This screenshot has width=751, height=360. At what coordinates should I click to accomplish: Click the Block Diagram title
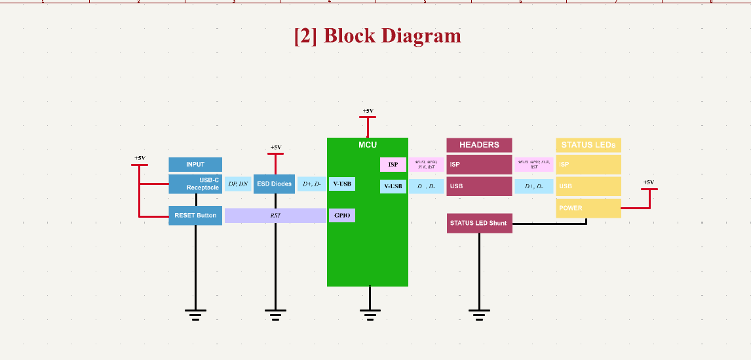(377, 35)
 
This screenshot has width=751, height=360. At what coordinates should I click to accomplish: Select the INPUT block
(195, 165)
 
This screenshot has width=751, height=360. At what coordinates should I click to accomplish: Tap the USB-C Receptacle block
(195, 184)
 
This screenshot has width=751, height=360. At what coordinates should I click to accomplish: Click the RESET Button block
(195, 215)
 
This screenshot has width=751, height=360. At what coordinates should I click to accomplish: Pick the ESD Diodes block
(275, 184)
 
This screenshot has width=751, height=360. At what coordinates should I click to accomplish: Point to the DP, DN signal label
(238, 184)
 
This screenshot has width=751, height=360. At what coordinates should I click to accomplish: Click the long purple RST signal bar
(275, 215)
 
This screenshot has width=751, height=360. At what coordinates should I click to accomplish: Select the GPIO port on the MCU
(341, 215)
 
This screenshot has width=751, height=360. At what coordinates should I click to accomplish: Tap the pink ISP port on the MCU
(393, 165)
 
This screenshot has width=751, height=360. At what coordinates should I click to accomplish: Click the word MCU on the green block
(368, 144)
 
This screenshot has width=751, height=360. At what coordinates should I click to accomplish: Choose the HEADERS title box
(479, 145)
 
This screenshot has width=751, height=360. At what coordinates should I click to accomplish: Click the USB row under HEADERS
(479, 186)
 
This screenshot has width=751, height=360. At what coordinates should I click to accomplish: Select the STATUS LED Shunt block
(479, 223)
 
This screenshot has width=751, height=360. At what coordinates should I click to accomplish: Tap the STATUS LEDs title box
(588, 145)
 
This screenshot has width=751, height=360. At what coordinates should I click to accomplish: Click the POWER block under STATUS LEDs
(588, 208)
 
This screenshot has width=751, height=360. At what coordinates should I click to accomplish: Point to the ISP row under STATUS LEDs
(588, 165)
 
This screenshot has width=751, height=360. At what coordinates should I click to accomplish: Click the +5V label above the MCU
(368, 111)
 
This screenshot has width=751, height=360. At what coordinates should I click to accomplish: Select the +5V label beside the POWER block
(648, 182)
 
